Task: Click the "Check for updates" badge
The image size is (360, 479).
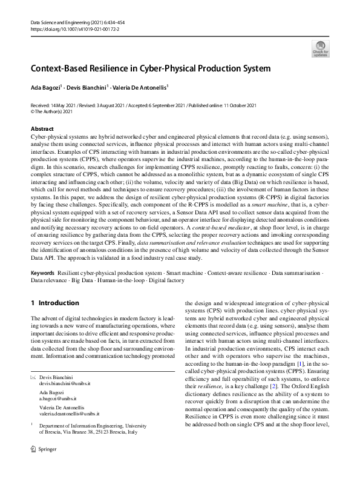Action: point(320,48)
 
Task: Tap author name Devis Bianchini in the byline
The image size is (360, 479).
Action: point(87,87)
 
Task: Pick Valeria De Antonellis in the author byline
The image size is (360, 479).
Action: point(139,87)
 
